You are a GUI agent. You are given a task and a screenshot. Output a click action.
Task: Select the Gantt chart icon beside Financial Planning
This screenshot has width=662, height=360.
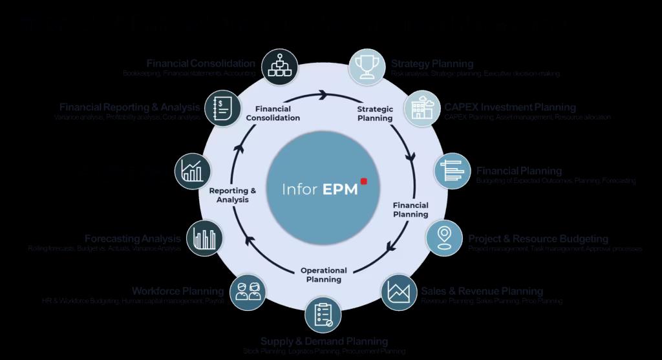(x=453, y=171)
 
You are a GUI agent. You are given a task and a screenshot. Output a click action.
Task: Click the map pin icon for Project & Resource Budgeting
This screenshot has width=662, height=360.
(x=443, y=237)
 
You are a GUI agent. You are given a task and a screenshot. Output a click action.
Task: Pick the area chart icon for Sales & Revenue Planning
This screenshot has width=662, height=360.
(x=399, y=292)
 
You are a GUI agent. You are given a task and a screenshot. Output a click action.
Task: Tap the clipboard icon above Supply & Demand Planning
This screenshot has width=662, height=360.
(x=324, y=314)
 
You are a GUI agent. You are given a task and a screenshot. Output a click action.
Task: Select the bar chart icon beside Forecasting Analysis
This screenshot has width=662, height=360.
(x=205, y=238)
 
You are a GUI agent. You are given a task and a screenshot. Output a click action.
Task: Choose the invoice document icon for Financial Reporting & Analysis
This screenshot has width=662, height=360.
(x=222, y=108)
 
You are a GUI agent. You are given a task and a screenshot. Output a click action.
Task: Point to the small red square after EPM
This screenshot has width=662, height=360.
(x=364, y=182)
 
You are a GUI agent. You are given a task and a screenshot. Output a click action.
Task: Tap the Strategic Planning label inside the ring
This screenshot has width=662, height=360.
(x=376, y=114)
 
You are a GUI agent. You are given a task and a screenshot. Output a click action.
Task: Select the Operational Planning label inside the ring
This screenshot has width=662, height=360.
(x=324, y=275)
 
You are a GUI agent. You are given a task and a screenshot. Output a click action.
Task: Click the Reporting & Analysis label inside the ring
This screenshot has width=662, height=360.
(x=233, y=195)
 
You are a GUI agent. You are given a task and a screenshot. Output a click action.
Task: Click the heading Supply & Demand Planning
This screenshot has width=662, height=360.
(x=324, y=341)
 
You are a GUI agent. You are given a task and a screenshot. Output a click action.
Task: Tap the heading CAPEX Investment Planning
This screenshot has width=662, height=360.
(x=509, y=107)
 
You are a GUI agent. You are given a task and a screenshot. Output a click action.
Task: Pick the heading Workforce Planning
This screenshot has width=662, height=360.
(x=178, y=291)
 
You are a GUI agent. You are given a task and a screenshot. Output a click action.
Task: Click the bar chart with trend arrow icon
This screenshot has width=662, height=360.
(x=193, y=171)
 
